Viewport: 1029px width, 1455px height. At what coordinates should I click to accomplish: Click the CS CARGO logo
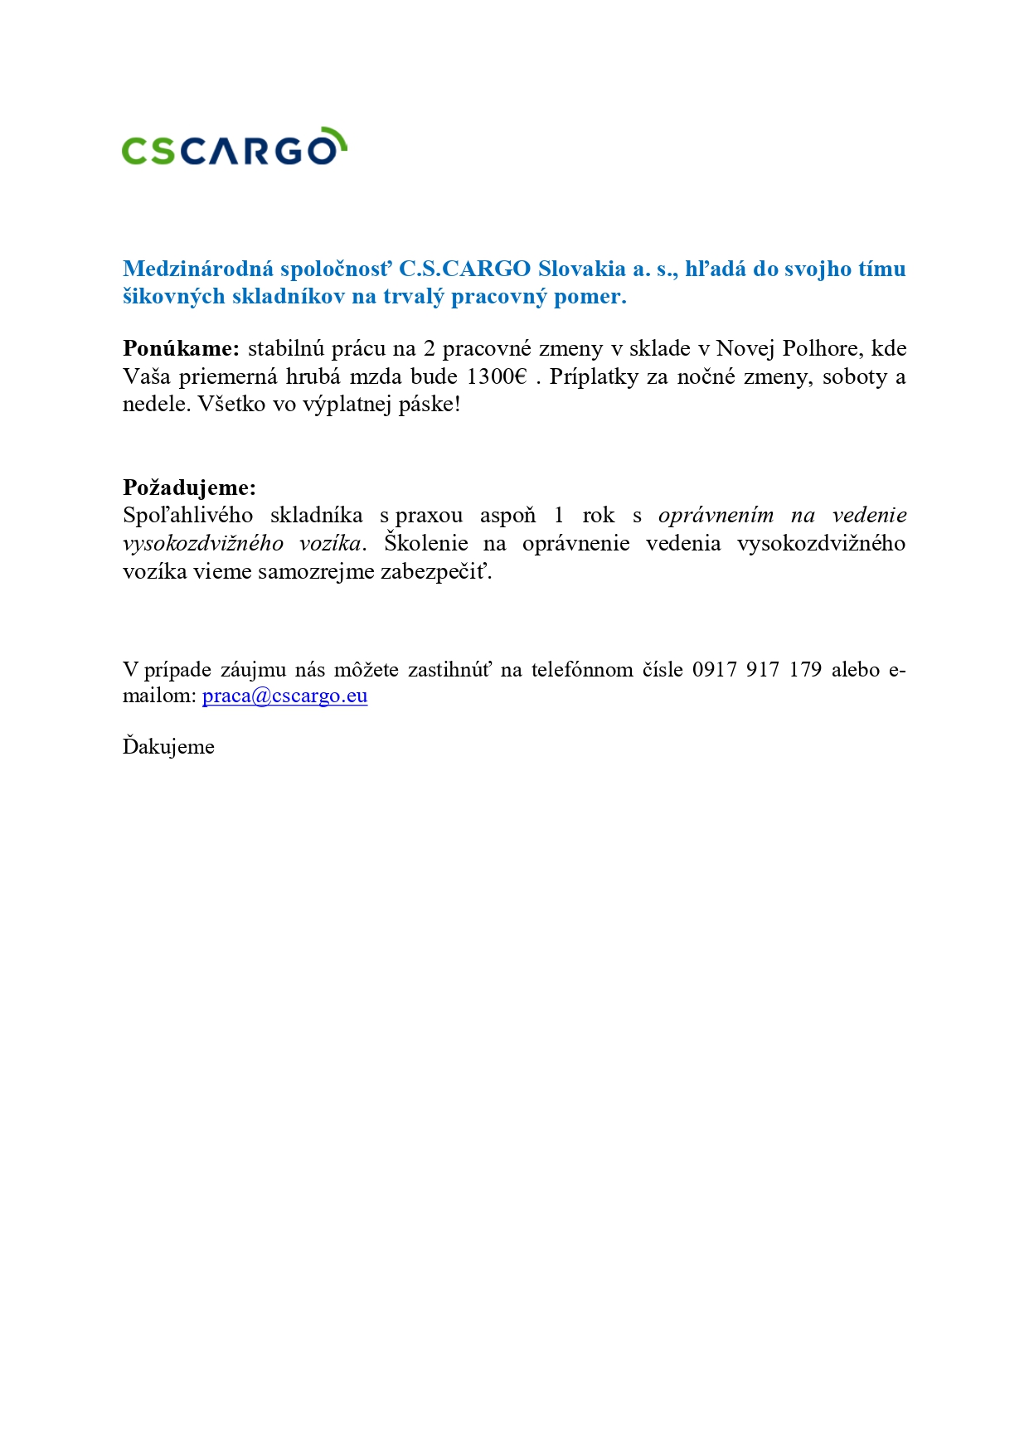coord(232,148)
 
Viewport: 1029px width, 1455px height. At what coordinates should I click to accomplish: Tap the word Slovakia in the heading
coord(581,269)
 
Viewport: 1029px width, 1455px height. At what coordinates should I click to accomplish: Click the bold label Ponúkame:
coord(181,348)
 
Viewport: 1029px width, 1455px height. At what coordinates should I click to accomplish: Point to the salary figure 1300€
coord(496,376)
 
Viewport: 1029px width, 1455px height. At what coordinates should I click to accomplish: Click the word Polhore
coord(820,348)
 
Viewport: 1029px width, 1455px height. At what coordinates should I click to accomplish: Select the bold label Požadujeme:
coord(189,487)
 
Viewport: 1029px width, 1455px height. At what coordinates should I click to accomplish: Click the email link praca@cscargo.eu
coord(284,696)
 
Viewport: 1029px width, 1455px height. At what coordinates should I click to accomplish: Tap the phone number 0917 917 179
coord(756,669)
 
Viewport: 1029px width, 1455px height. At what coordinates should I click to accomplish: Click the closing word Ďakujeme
coord(168,746)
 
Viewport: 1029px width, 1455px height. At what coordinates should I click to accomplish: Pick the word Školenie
coord(425,543)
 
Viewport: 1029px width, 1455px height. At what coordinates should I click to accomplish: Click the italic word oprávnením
coord(716,515)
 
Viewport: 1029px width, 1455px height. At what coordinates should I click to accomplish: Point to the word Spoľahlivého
coord(187,515)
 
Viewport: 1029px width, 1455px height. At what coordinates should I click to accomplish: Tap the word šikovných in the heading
coord(173,297)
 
